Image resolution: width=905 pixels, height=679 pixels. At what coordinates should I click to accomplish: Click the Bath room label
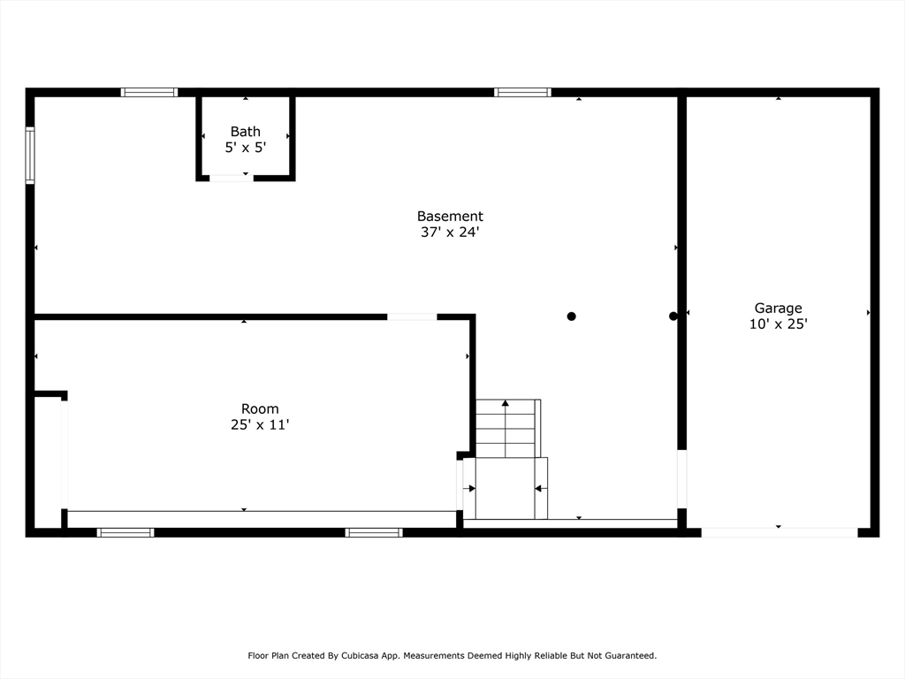coord(246,132)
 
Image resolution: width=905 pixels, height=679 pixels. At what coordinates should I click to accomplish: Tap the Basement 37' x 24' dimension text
coord(450,233)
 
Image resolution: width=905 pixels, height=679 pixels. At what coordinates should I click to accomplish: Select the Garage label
coord(778,309)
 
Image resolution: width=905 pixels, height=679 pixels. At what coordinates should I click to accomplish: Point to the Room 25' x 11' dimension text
coord(260,425)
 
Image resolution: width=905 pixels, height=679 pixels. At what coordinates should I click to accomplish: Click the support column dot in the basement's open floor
coord(572,317)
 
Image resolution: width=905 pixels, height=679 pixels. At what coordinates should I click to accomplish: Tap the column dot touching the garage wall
coord(673,317)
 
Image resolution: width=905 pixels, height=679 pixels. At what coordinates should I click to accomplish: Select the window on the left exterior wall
coord(30,156)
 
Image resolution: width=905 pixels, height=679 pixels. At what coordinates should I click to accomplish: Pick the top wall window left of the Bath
coord(148,92)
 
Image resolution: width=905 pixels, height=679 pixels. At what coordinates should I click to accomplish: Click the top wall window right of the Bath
coord(522,92)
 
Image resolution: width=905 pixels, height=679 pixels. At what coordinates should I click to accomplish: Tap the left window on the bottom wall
coord(125,532)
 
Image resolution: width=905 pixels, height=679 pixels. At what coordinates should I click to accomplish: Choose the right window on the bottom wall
coord(374,532)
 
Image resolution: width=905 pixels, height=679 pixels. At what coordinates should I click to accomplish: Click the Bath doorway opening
coord(232,178)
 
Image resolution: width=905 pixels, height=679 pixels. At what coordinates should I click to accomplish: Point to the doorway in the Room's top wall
coord(412,317)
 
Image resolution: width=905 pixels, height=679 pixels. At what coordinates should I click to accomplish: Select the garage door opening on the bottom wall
coord(780,532)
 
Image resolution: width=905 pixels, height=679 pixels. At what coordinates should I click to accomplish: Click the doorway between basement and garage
coord(681,479)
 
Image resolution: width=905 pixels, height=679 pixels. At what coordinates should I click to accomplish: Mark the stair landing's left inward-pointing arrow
coord(468,488)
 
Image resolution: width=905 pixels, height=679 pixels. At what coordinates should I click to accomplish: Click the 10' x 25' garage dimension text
coord(778,324)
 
